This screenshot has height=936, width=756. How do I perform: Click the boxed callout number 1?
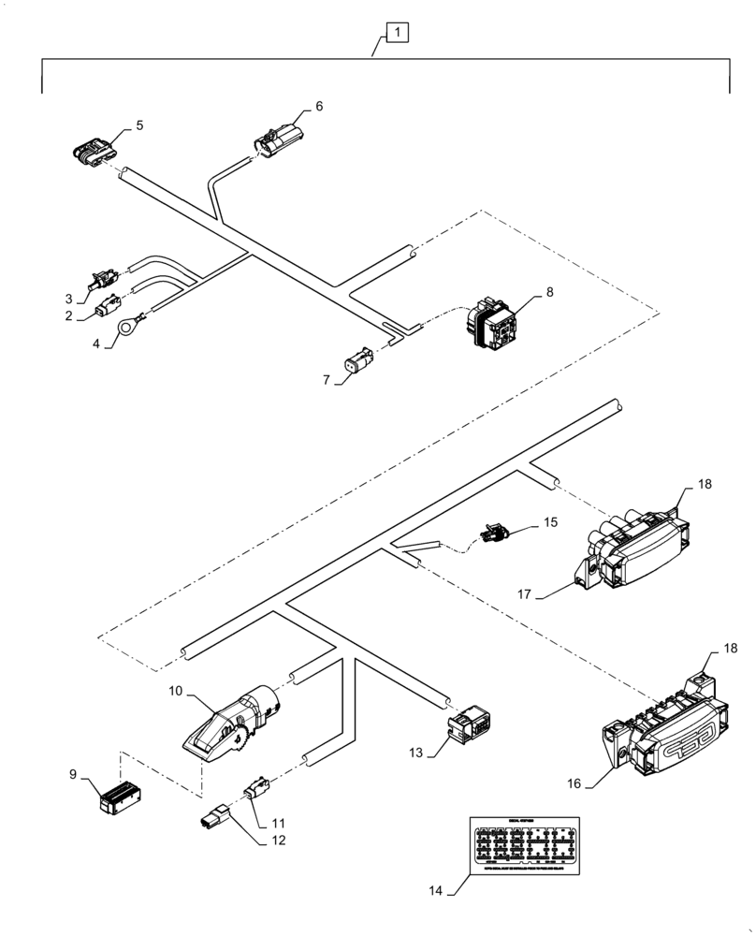tap(398, 34)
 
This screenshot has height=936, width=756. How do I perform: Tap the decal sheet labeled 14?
tap(524, 846)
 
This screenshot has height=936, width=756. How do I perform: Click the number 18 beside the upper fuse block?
tap(704, 485)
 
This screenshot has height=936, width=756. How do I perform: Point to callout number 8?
tap(549, 292)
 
